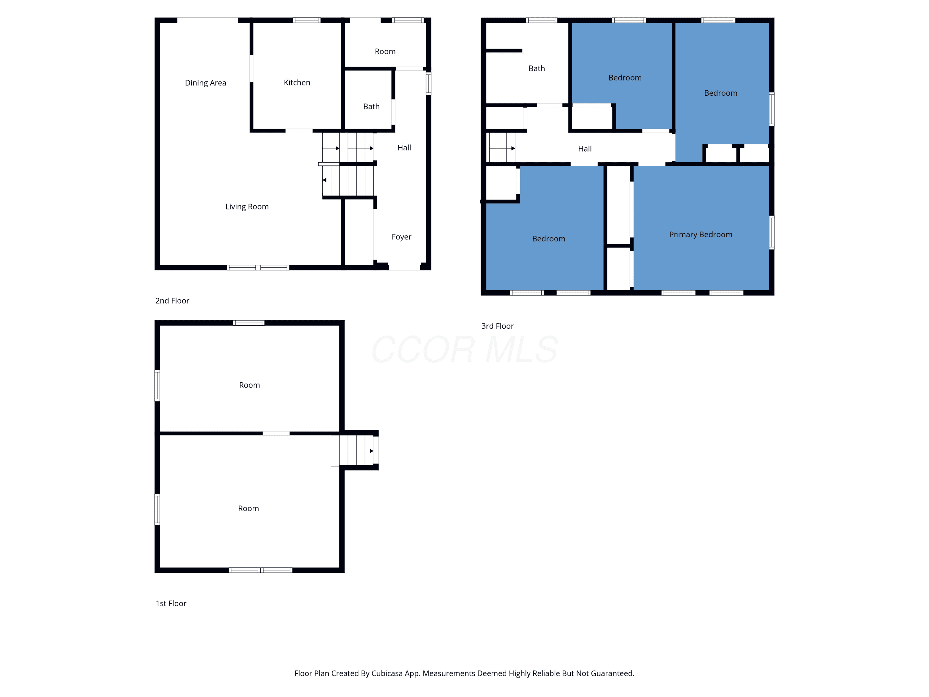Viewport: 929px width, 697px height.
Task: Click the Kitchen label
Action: [x=297, y=83]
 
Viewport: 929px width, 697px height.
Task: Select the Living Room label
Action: [x=247, y=207]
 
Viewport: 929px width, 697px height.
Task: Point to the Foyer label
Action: [x=402, y=237]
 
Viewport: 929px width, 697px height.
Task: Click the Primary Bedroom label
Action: [x=700, y=235]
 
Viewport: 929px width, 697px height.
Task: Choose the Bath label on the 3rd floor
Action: [x=537, y=68]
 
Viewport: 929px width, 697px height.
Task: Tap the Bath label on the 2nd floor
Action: [x=371, y=107]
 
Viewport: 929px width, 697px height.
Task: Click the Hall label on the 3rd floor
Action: [x=585, y=149]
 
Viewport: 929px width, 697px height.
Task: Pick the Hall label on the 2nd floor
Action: [x=404, y=147]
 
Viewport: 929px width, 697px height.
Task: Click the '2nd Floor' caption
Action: [x=172, y=301]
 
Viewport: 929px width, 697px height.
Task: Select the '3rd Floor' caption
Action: [x=497, y=326]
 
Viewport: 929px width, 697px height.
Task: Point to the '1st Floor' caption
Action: [x=171, y=603]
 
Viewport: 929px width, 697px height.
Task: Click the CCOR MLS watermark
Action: [x=464, y=349]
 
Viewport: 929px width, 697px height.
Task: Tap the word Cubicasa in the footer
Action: [x=387, y=673]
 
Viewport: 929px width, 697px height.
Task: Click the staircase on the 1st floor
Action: [x=352, y=451]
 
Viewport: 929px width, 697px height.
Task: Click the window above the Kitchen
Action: [x=307, y=20]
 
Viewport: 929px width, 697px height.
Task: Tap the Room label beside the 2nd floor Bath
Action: [x=385, y=52]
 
